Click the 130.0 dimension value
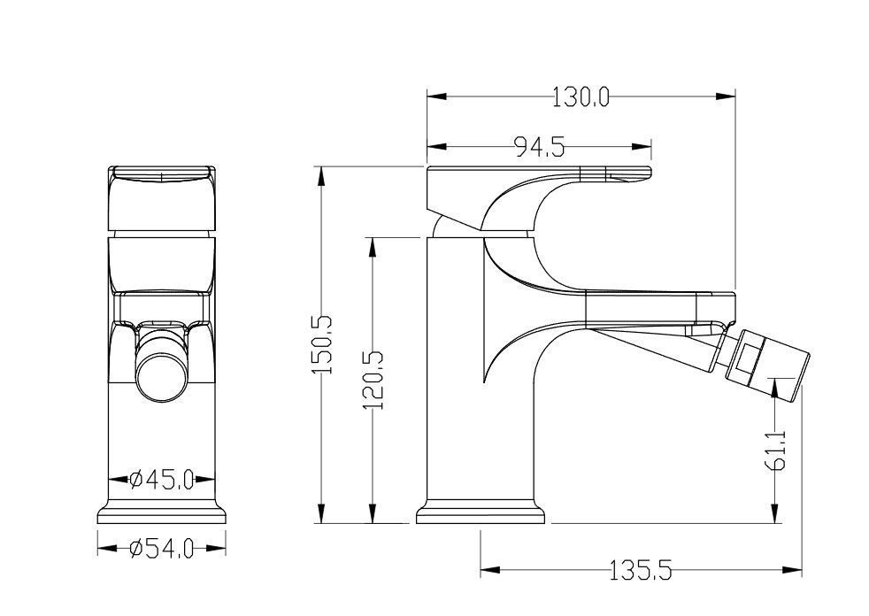click(x=581, y=98)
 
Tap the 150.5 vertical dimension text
click(x=322, y=344)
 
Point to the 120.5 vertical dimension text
click(x=373, y=381)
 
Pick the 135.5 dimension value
click(x=640, y=570)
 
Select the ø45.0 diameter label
click(x=161, y=479)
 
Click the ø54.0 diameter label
click(x=161, y=549)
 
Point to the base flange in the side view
click(x=480, y=512)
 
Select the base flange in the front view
click(x=161, y=512)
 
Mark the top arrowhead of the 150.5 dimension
click(x=320, y=176)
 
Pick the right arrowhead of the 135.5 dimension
click(x=792, y=569)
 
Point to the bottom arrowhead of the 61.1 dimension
click(x=775, y=512)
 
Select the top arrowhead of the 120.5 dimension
click(x=373, y=247)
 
